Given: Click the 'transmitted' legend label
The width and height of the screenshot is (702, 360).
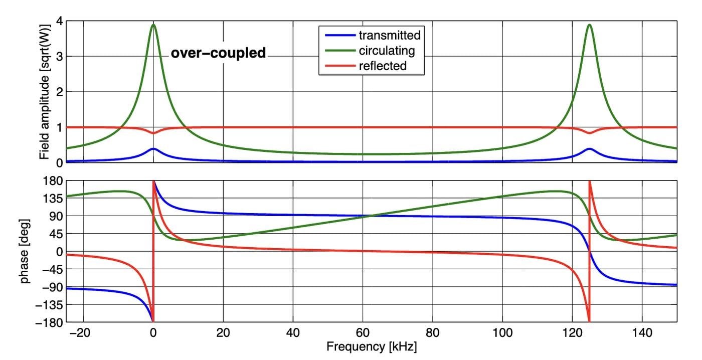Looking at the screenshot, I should [389, 35].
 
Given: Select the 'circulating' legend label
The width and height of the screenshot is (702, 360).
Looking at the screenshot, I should [386, 50].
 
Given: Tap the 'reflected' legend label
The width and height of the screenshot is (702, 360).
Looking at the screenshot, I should [383, 66].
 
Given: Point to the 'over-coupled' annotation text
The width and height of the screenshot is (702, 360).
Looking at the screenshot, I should [219, 53].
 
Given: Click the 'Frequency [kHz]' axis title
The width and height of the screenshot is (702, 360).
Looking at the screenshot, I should [372, 346].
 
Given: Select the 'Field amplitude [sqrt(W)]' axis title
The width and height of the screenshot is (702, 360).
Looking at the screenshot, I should [46, 92].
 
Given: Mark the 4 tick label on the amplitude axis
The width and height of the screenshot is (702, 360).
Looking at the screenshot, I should [59, 22].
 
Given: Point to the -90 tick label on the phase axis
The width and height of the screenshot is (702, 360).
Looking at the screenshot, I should [52, 287].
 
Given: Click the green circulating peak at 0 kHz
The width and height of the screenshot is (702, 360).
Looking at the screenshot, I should [153, 25].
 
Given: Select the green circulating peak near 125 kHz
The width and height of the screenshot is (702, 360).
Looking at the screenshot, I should [589, 25].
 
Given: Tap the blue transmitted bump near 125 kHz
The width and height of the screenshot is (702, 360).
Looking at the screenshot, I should [589, 149].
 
